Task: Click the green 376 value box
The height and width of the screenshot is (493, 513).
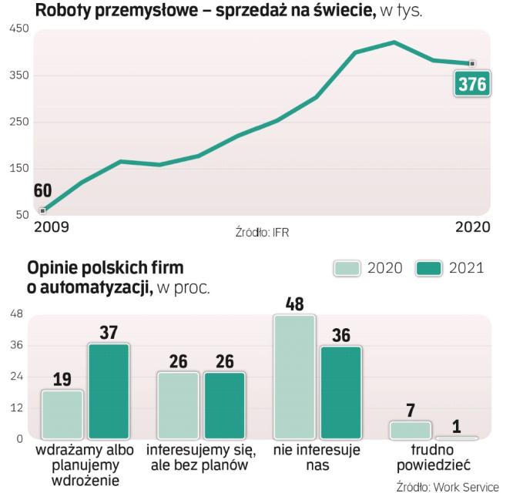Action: (x=472, y=84)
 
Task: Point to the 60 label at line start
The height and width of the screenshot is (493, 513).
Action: (x=42, y=191)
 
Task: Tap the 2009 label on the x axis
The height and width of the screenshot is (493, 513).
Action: (x=51, y=226)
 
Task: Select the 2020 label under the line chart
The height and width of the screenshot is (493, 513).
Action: (x=472, y=226)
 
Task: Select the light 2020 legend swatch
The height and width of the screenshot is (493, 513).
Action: (x=349, y=268)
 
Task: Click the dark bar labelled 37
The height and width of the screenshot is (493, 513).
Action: (x=109, y=391)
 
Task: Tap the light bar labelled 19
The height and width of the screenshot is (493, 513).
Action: (x=62, y=414)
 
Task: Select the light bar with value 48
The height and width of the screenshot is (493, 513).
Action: (x=294, y=377)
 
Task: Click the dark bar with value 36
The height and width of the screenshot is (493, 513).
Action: (x=340, y=392)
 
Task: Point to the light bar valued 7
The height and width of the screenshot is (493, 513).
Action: (x=411, y=430)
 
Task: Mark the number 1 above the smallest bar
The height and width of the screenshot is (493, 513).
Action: (x=457, y=424)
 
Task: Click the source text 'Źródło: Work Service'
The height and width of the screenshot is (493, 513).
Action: (x=448, y=486)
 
